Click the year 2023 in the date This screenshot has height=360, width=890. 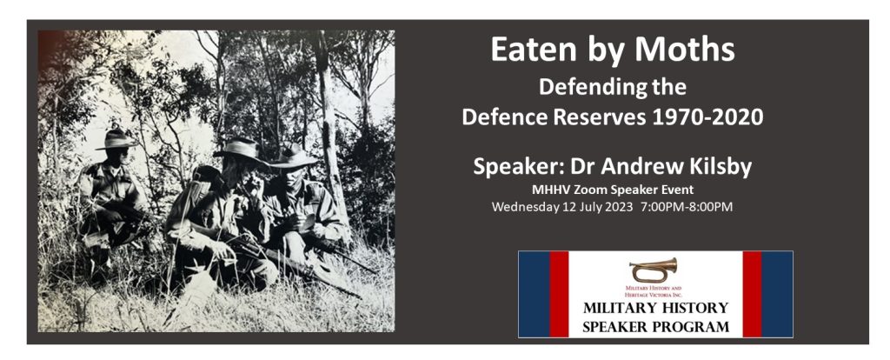tap(616, 207)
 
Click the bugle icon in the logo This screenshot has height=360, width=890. tap(654, 269)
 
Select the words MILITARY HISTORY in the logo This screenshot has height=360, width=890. tap(655, 309)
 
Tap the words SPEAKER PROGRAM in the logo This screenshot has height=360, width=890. tap(655, 326)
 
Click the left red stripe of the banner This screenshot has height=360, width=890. tap(558, 294)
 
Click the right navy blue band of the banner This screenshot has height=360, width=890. tap(777, 294)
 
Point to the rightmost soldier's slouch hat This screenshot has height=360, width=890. tap(292, 157)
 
